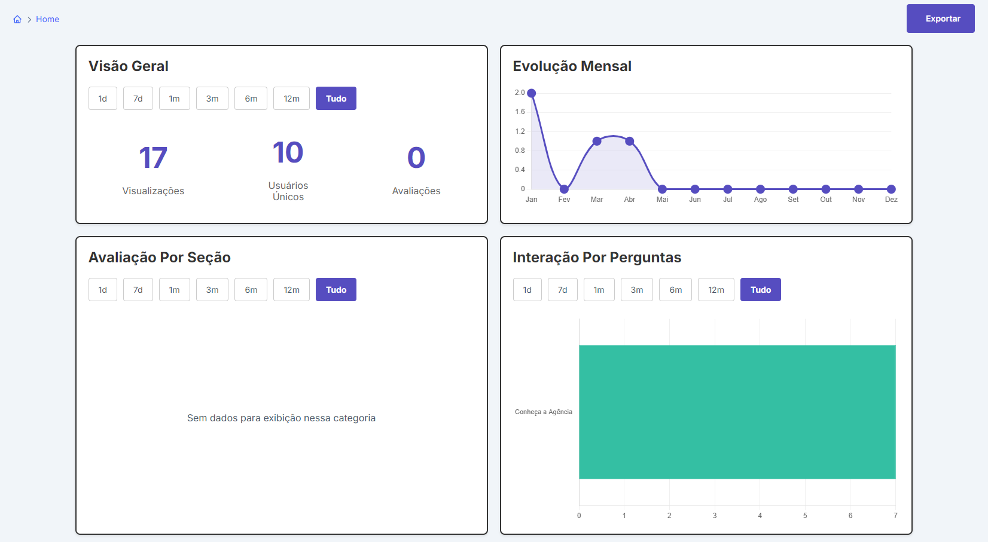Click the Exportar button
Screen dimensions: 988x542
pyautogui.click(x=940, y=19)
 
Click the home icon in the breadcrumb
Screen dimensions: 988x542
pyautogui.click(x=17, y=19)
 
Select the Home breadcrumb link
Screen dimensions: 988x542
pyautogui.click(x=47, y=19)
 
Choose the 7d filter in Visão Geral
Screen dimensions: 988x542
pyautogui.click(x=138, y=98)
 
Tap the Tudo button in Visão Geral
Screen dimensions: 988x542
pyautogui.click(x=336, y=98)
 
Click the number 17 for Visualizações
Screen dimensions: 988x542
pyautogui.click(x=153, y=158)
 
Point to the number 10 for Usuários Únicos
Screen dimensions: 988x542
pyautogui.click(x=288, y=152)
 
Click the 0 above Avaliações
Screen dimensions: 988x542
pyautogui.click(x=416, y=158)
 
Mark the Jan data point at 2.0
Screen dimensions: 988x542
pyautogui.click(x=532, y=93)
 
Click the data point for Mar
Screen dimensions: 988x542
pyautogui.click(x=597, y=141)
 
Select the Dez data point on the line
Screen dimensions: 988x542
pyautogui.click(x=891, y=189)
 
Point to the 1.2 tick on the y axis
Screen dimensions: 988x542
pyautogui.click(x=520, y=131)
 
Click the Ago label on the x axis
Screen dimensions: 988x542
pyautogui.click(x=760, y=200)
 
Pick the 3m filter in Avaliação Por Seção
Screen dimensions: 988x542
pyautogui.click(x=212, y=289)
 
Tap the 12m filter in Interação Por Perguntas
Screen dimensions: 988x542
pyautogui.click(x=716, y=289)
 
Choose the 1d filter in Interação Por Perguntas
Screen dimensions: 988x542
pyautogui.click(x=527, y=289)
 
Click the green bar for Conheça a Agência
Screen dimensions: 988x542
pyautogui.click(x=737, y=412)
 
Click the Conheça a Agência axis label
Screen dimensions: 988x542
pyautogui.click(x=544, y=412)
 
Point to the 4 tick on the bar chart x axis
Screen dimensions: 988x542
pyautogui.click(x=760, y=516)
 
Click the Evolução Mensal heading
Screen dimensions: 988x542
pyautogui.click(x=572, y=66)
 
